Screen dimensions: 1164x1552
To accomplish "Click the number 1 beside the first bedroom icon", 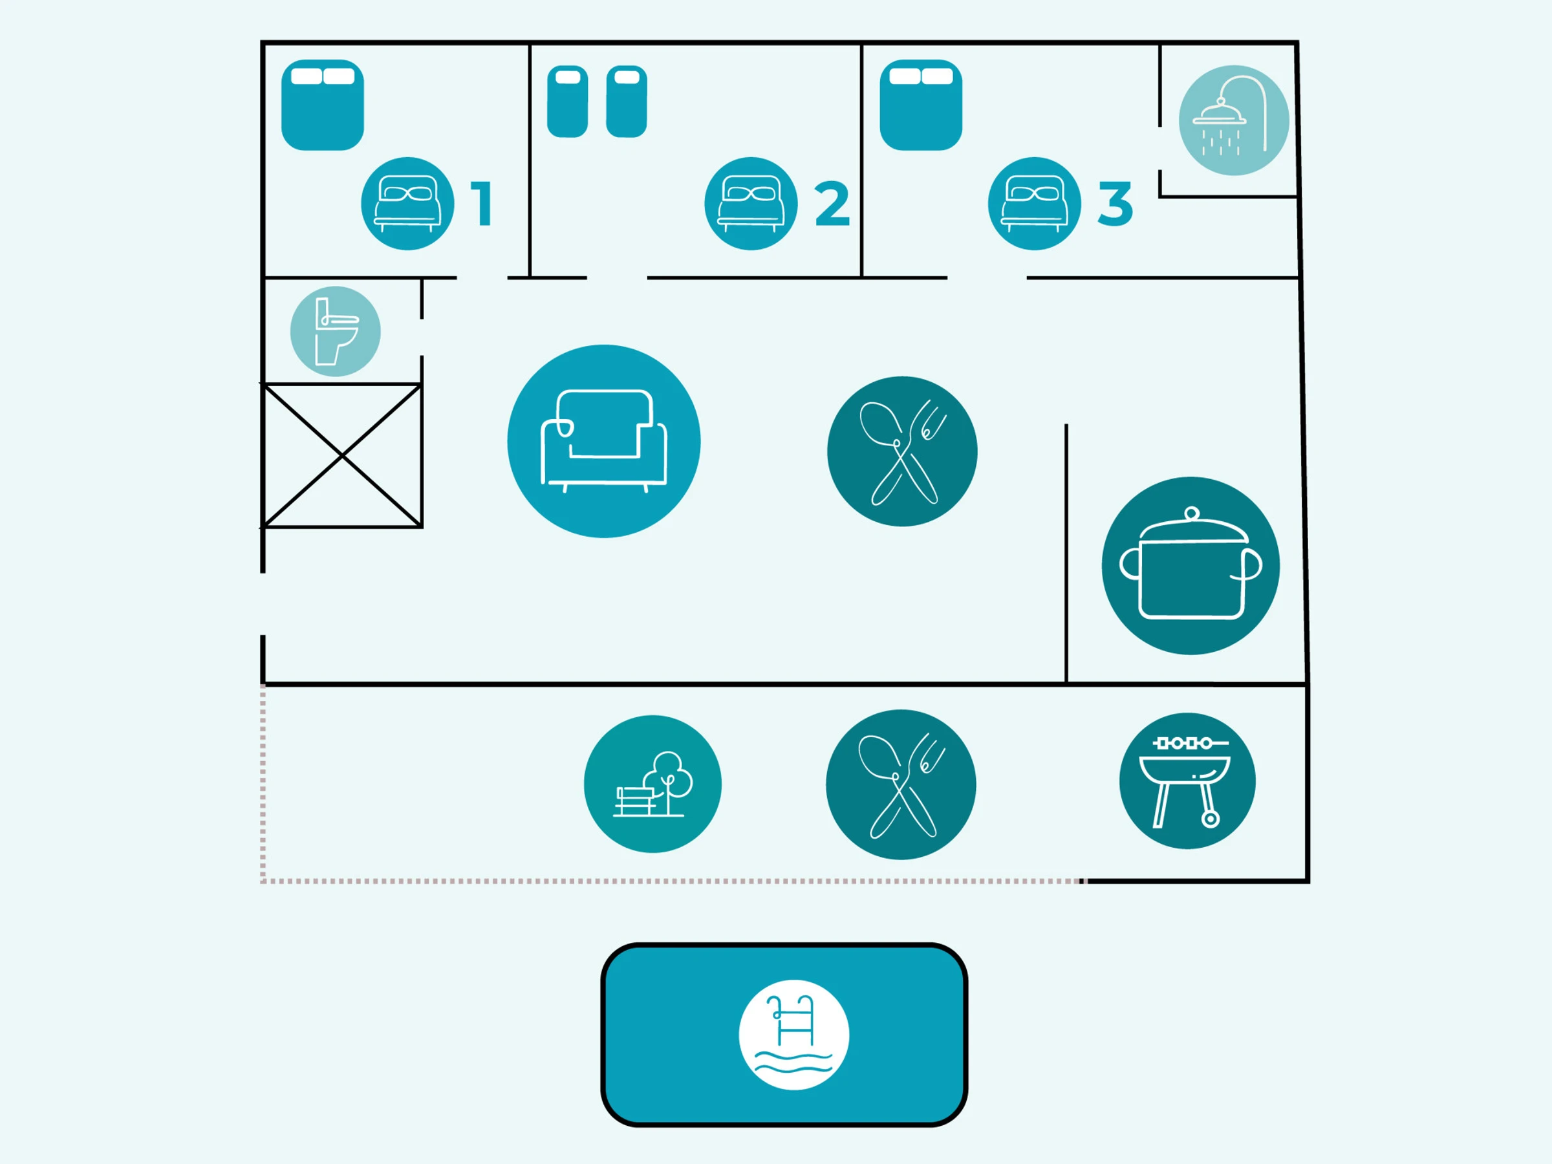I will coord(481,204).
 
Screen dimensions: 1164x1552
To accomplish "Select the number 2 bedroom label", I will coord(832,204).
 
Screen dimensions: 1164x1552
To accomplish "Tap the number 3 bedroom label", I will coord(1115,204).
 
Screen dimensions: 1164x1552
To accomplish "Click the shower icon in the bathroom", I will coord(1233,120).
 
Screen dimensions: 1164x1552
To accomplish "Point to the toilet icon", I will coord(336,331).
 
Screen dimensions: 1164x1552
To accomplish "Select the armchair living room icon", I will coord(603,440).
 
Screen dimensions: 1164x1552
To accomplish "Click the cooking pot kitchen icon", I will coord(1190,566).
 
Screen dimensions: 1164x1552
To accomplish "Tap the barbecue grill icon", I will coord(1187,781).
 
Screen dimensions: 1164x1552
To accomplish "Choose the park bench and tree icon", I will coord(652,784).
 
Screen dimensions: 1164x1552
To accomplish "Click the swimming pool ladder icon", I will coord(793,1034).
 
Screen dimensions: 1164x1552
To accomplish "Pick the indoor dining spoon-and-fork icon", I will coord(901,451).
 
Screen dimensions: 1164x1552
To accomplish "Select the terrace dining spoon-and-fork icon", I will coord(900,784).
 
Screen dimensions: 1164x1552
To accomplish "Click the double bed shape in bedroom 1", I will coord(323,105).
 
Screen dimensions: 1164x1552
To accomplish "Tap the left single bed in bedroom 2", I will coord(567,102).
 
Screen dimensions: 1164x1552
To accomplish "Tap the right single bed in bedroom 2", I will coord(627,102).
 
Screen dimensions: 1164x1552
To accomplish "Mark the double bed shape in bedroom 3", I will coord(921,105).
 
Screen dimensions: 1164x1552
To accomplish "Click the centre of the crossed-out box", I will coord(341,455).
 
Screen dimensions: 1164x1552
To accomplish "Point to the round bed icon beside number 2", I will coord(751,204).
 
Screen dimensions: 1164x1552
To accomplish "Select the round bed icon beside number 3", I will coord(1034,204).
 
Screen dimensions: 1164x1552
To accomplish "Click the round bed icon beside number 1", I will coord(407,204).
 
